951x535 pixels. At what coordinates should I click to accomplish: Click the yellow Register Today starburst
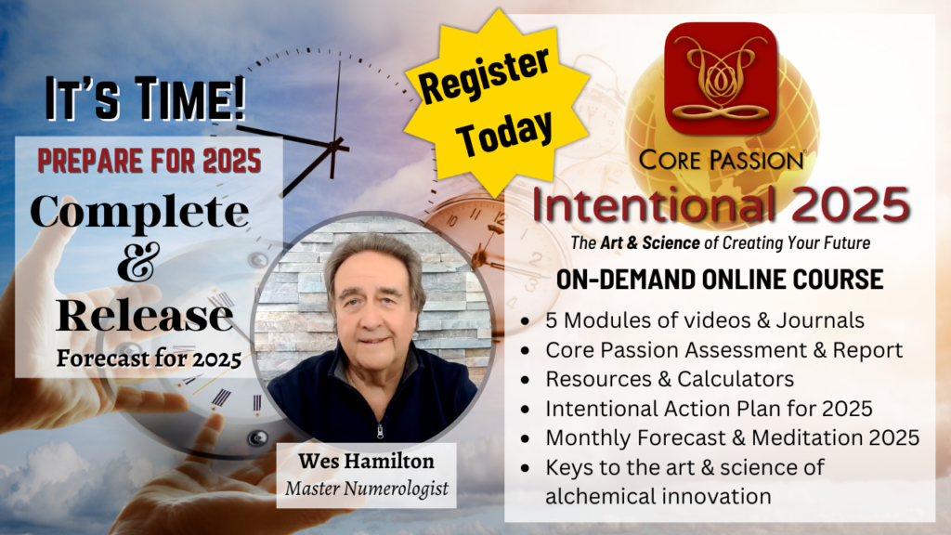[497, 103]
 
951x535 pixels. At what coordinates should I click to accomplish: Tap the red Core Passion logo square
[721, 78]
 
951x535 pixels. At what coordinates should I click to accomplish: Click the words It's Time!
[146, 98]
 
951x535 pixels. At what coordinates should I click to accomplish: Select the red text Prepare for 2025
[150, 161]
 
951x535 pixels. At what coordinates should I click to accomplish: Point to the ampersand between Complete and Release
[138, 262]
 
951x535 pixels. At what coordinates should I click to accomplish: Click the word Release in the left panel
[145, 316]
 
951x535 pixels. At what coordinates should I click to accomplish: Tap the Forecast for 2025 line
[150, 359]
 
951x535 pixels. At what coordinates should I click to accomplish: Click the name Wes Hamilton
[366, 461]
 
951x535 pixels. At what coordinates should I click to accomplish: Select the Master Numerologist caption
[367, 489]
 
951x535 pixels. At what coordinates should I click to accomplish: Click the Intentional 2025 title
[721, 204]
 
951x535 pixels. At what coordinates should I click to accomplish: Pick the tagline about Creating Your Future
[721, 243]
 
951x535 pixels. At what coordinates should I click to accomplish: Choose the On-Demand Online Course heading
[720, 280]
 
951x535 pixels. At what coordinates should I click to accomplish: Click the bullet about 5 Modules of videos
[705, 320]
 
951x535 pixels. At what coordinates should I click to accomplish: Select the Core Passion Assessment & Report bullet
[724, 350]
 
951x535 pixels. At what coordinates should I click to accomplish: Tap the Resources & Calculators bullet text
[670, 379]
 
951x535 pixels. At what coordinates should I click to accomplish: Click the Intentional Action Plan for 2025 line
[709, 409]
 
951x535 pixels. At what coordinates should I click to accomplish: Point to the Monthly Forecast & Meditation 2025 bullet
[733, 438]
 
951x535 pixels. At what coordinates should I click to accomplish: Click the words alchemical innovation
[658, 496]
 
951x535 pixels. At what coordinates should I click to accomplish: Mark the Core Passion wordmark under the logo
[721, 160]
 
